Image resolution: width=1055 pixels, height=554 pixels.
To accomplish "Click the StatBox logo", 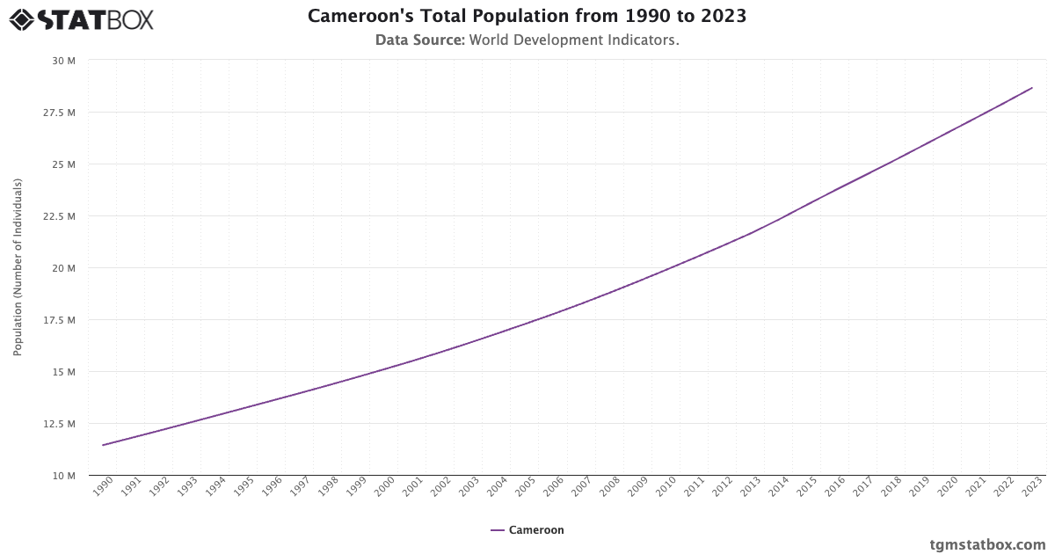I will (81, 19).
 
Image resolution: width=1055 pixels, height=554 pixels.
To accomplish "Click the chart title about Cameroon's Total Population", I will (527, 17).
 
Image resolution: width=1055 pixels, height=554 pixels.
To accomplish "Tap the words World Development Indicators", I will (574, 40).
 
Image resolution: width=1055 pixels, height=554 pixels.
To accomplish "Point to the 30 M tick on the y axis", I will (63, 61).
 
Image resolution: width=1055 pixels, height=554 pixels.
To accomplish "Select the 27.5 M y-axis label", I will (60, 113).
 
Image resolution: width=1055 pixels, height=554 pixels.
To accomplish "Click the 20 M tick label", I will (63, 268).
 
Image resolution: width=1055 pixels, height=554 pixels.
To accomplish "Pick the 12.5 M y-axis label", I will (60, 424).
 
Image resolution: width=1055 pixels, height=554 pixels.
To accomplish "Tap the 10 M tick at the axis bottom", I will (63, 476).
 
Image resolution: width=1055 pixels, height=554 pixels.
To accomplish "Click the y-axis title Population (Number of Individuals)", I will (18, 267).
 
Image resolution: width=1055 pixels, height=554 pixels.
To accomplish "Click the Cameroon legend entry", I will (527, 530).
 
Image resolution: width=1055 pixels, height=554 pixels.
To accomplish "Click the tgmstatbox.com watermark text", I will (987, 544).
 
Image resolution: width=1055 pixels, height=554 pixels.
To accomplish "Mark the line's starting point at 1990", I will (103, 445).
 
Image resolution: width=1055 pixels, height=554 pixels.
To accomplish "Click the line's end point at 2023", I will (1032, 88).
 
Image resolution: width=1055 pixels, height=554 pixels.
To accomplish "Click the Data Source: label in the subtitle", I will (420, 40).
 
